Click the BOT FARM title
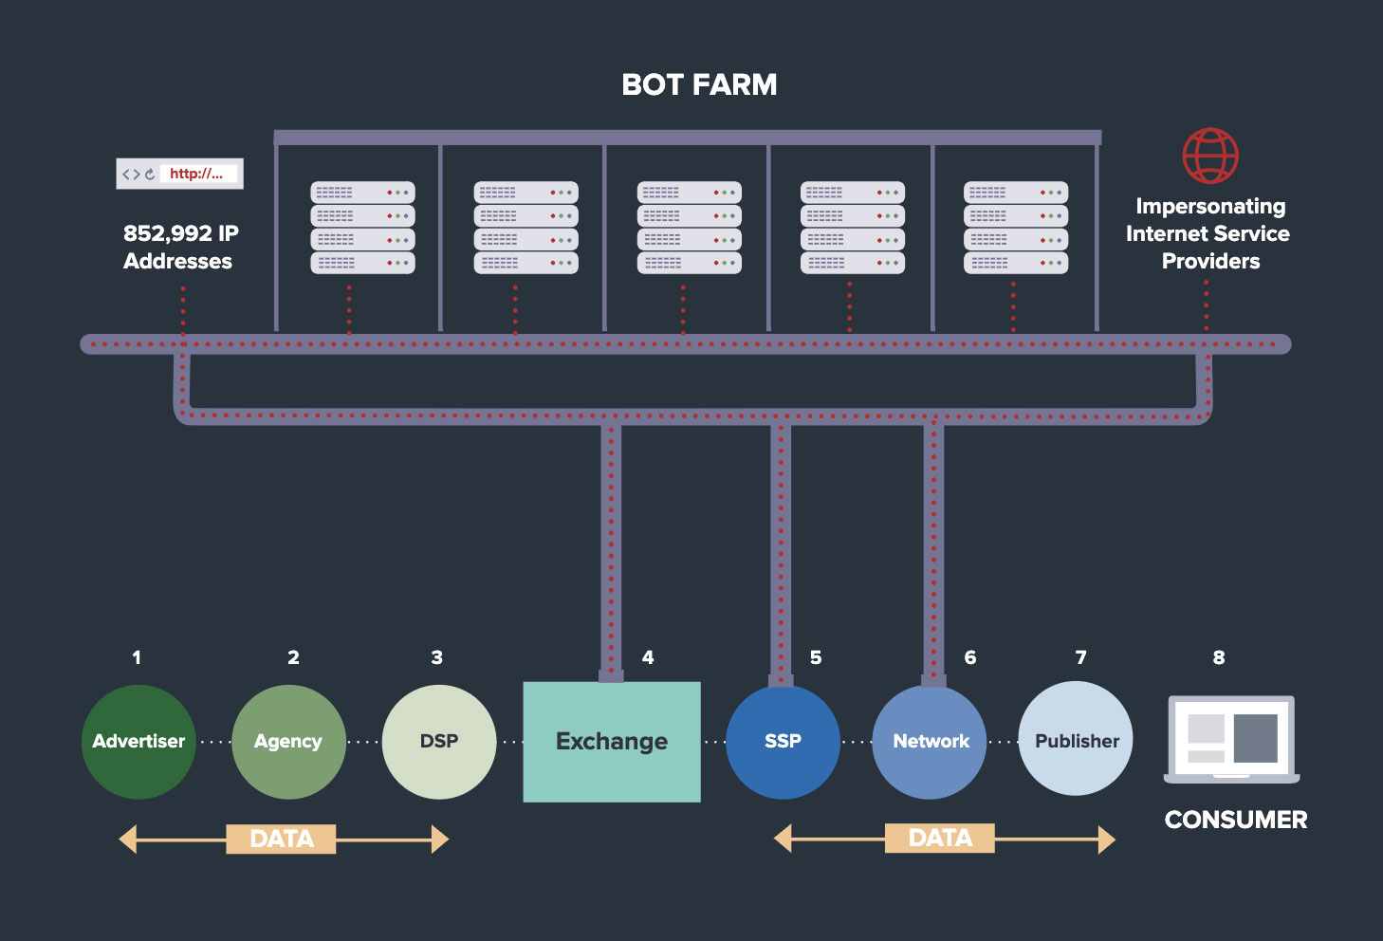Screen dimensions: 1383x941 (x=699, y=84)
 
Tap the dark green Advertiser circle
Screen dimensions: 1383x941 (x=138, y=742)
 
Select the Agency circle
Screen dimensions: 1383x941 (x=288, y=742)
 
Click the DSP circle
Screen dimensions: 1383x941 (x=439, y=742)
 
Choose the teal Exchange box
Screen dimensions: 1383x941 (x=612, y=742)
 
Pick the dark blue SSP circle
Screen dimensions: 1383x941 (x=783, y=742)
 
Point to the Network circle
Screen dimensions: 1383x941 (x=930, y=742)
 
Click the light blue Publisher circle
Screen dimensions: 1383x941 (x=1077, y=738)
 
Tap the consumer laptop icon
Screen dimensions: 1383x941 (x=1232, y=739)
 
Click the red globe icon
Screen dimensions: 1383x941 (x=1210, y=156)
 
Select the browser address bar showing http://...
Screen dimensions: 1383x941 (x=179, y=174)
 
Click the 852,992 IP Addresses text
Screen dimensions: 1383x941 (x=179, y=247)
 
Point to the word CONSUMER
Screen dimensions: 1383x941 (x=1235, y=820)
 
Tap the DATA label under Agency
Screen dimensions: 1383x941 (x=282, y=840)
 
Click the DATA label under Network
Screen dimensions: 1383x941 (x=940, y=838)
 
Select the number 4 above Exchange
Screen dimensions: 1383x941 (x=648, y=657)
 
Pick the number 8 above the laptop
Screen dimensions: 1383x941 (x=1219, y=657)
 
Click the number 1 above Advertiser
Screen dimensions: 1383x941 (x=137, y=657)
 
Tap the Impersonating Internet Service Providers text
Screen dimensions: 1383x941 (x=1208, y=233)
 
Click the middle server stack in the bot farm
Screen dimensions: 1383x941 (x=689, y=228)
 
